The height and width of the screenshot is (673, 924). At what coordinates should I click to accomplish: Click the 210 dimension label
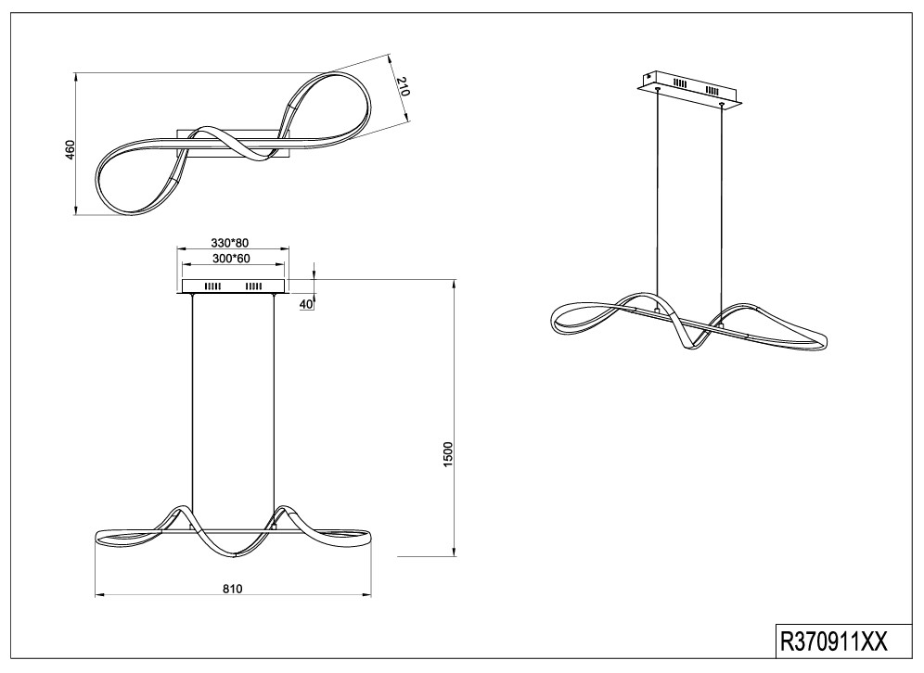point(403,86)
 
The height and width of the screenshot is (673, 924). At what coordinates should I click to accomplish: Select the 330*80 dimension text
point(230,243)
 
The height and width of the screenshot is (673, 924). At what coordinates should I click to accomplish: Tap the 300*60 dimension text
point(231,258)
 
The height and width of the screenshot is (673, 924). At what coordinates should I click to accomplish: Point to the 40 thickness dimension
point(306,304)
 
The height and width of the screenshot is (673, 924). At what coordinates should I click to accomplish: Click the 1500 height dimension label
point(448,454)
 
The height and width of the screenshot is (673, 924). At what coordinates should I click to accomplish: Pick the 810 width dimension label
point(233,589)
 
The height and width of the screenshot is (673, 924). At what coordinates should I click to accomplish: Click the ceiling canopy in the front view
point(234,286)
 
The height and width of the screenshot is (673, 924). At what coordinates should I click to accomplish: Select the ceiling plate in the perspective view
point(687,91)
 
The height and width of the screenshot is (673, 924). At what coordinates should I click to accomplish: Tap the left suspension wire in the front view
point(193,400)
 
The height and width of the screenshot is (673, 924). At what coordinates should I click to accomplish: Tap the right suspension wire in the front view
point(274,400)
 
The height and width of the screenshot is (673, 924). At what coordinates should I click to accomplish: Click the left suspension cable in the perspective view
point(658,197)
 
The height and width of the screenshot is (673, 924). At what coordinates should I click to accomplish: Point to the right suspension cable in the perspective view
point(720,214)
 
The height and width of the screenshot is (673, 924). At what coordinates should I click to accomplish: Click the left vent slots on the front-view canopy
point(212,286)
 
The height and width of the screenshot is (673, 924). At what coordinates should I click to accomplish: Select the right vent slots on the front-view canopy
point(254,286)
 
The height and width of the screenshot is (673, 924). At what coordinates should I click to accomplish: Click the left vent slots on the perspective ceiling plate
point(681,83)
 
